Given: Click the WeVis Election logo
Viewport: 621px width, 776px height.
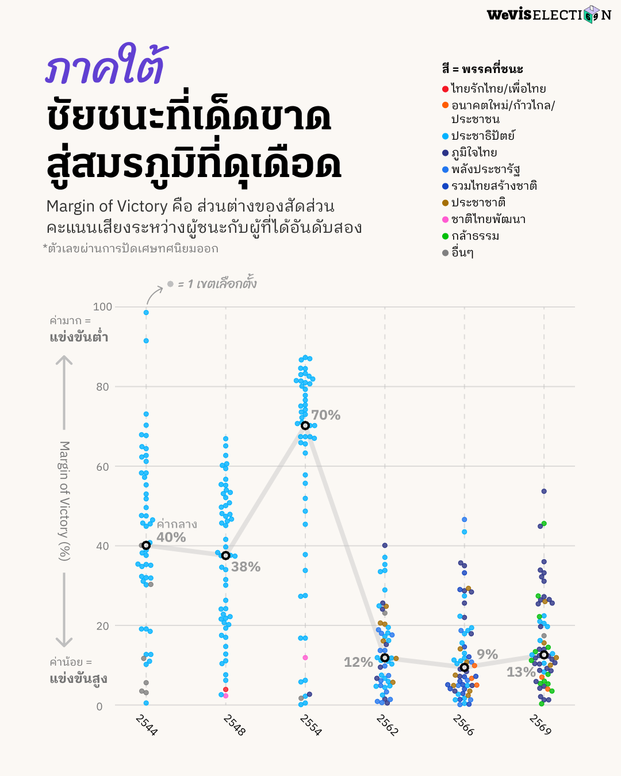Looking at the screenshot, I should point(549,14).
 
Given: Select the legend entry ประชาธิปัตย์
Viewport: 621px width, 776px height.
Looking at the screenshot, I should point(482,136).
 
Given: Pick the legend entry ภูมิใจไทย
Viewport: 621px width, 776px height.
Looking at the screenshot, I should point(474,152).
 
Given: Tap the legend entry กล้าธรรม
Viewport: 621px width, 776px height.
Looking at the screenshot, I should point(475,236).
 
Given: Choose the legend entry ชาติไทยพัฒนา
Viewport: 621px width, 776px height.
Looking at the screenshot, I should point(488,219).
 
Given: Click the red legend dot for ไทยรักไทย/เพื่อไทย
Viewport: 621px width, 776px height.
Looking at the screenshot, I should point(445,89).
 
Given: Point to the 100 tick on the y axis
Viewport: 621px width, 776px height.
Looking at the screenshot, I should point(102,307).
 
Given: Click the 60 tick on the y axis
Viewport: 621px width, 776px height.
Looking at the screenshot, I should point(102,467).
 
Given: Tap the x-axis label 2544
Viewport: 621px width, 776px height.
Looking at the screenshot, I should point(147,724).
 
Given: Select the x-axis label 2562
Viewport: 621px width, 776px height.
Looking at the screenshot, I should point(387,724).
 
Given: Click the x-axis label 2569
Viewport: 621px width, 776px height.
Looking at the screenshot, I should point(540,724).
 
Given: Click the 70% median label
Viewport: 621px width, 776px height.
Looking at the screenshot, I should point(326,415).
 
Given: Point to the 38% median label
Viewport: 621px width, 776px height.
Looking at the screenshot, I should point(246,567).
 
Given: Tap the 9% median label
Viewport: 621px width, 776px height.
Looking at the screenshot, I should point(487,654).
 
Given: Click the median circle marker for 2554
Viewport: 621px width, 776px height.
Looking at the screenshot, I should point(305,425).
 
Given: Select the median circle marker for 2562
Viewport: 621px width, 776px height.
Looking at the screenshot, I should point(385,658).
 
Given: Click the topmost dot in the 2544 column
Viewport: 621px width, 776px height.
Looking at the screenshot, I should point(146,313).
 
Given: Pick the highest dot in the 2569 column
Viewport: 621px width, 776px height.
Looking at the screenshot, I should point(544,491).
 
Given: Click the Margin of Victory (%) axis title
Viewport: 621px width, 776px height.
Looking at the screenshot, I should point(64,501).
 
